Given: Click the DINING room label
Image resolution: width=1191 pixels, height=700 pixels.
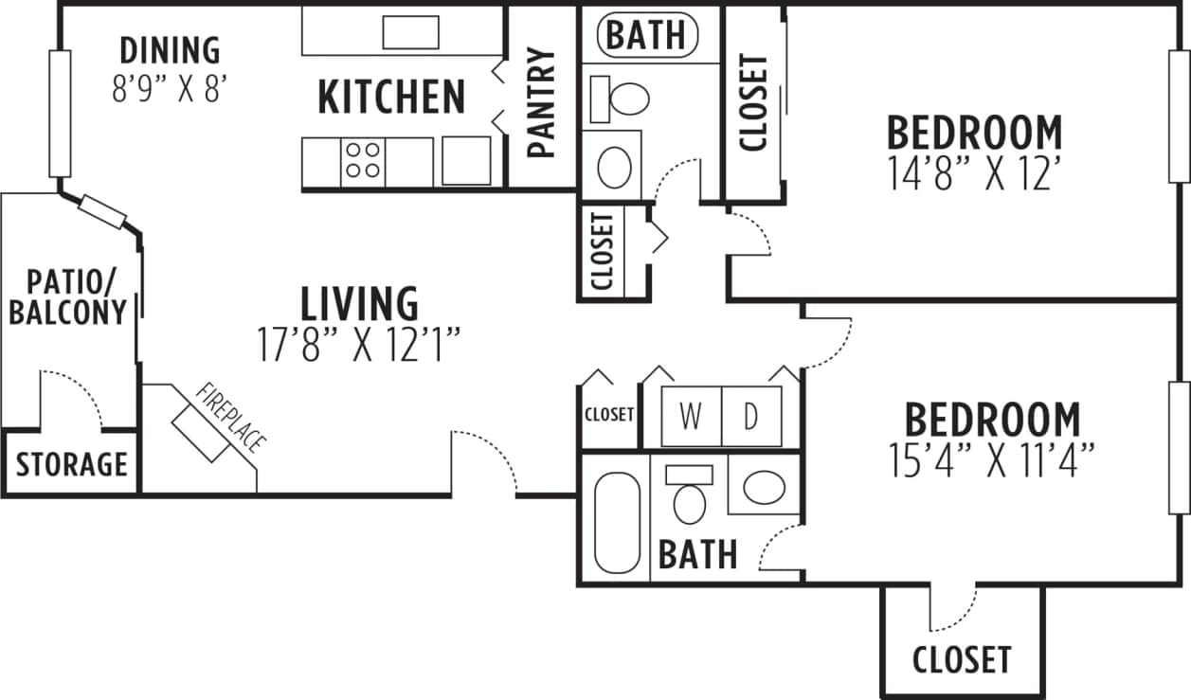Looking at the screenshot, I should click(x=171, y=49).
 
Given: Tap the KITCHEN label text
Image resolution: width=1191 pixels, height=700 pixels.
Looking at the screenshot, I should click(x=391, y=97).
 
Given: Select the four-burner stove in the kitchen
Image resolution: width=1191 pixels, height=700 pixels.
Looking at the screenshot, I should click(x=364, y=160).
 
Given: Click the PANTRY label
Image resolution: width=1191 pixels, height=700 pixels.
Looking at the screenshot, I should click(x=540, y=102).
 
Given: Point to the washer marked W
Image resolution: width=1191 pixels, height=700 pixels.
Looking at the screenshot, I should click(x=691, y=417).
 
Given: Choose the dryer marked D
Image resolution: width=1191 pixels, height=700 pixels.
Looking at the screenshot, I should click(x=751, y=417).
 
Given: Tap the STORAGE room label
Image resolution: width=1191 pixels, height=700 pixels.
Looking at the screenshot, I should click(x=72, y=465).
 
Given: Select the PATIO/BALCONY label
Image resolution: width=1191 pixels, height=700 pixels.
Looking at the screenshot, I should click(x=67, y=296).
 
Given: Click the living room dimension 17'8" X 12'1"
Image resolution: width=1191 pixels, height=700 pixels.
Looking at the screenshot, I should click(x=359, y=346).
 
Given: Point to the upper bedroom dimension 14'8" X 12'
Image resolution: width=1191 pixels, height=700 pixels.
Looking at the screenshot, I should click(x=973, y=174).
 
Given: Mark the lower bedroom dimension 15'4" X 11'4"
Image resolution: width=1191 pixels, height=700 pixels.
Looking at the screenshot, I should click(x=992, y=462).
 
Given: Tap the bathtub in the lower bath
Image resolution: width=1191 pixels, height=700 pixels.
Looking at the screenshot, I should click(x=617, y=522).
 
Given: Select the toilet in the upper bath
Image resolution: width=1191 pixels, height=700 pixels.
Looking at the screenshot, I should click(x=621, y=97).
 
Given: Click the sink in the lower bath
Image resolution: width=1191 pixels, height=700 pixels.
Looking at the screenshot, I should click(x=764, y=488).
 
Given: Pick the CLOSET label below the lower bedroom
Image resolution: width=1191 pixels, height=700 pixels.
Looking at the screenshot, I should click(x=962, y=659).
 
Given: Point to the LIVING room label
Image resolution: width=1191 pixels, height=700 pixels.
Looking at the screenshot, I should click(x=359, y=304).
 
